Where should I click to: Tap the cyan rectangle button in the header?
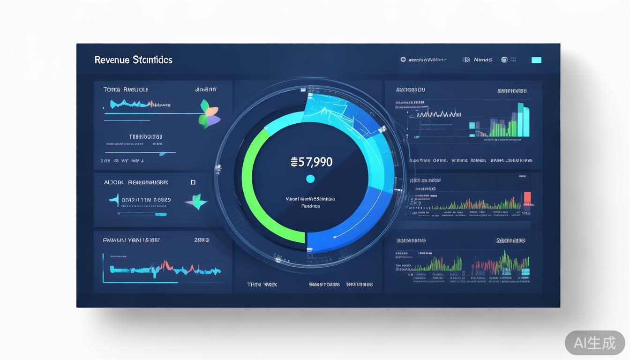click(x=536, y=60)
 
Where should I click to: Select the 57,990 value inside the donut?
click(x=312, y=162)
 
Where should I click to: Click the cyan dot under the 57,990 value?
click(x=310, y=179)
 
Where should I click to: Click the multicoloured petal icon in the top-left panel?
click(x=209, y=114)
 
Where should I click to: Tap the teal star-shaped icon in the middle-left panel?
click(x=197, y=202)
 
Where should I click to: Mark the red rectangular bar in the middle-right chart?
click(x=527, y=198)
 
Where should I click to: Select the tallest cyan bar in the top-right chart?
click(x=520, y=120)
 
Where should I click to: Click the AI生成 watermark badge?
click(x=595, y=343)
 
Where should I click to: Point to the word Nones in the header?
click(x=483, y=60)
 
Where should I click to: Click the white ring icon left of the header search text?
click(x=403, y=60)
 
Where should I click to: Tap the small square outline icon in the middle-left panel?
click(x=193, y=182)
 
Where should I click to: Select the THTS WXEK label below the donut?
click(x=262, y=285)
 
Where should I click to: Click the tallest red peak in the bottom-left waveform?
click(x=165, y=265)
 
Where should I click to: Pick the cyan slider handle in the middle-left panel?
click(x=161, y=214)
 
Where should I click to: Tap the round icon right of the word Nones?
click(x=504, y=60)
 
